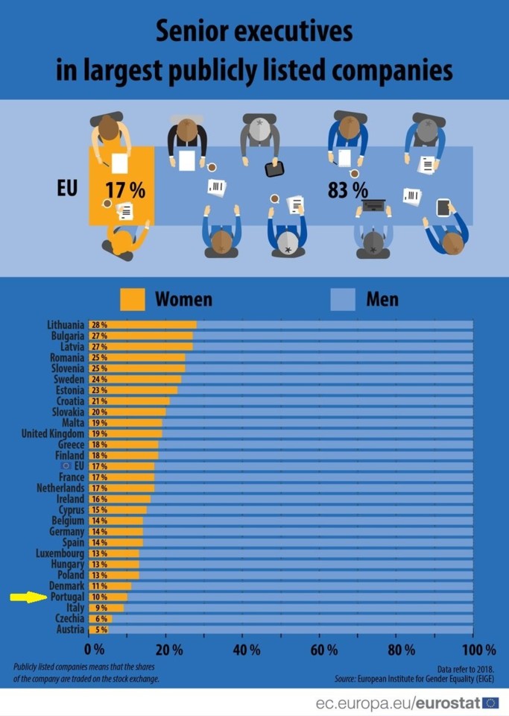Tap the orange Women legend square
pyautogui.click(x=132, y=299)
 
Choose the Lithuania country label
pyautogui.click(x=66, y=325)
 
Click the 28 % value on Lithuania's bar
pyautogui.click(x=99, y=325)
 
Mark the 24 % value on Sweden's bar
pyautogui.click(x=99, y=379)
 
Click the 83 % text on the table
pyautogui.click(x=347, y=190)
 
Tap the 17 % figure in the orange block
pyautogui.click(x=124, y=190)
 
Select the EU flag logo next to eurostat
pyautogui.click(x=490, y=702)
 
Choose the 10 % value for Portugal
pyautogui.click(x=99, y=597)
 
